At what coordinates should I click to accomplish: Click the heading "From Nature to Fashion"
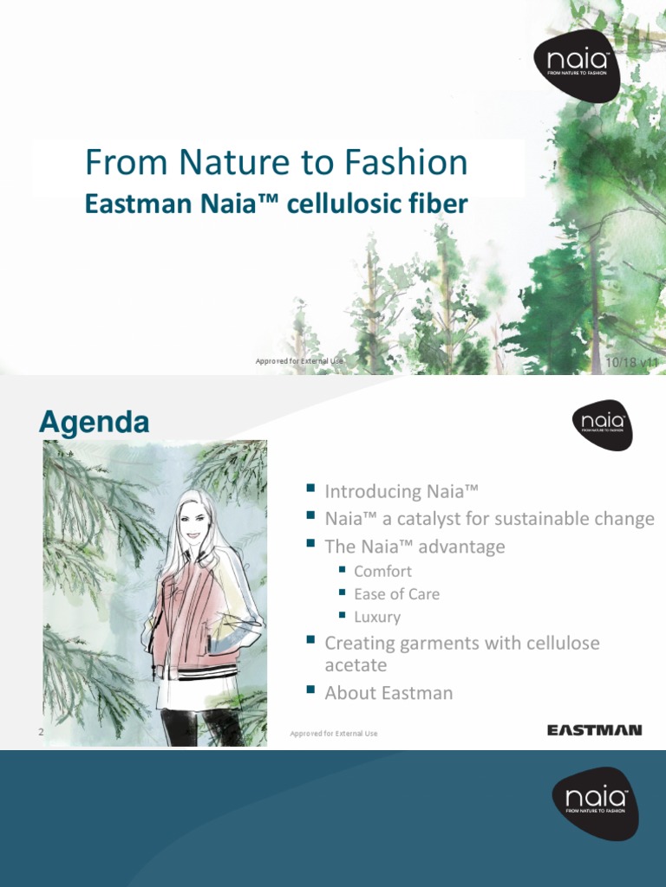[276, 162]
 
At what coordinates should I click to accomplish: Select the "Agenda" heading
[95, 423]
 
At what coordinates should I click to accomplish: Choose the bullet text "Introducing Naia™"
[402, 491]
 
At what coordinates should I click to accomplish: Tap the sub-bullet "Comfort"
[382, 571]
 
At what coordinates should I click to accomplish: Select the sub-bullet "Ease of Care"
[396, 594]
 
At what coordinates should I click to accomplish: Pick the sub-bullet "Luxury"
[377, 617]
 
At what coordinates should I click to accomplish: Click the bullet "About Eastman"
[388, 693]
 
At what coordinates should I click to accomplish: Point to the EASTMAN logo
[594, 730]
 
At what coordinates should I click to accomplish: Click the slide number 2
[41, 733]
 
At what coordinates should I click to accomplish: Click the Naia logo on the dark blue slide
[596, 803]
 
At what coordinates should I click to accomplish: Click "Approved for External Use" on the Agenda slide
[334, 734]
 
